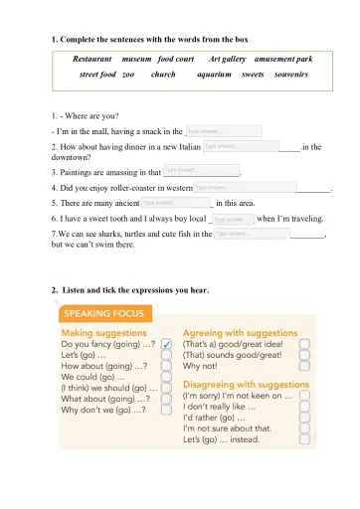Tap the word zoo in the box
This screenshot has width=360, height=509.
click(128, 75)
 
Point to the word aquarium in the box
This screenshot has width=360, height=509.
click(215, 75)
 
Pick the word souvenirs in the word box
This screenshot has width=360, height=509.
click(290, 75)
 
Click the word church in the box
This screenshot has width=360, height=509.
click(163, 75)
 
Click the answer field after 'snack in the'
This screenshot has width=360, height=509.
click(224, 130)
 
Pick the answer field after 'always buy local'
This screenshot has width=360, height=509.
click(230, 218)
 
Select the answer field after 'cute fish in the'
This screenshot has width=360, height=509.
click(252, 234)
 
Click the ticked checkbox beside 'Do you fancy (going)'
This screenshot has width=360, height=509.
click(166, 343)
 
